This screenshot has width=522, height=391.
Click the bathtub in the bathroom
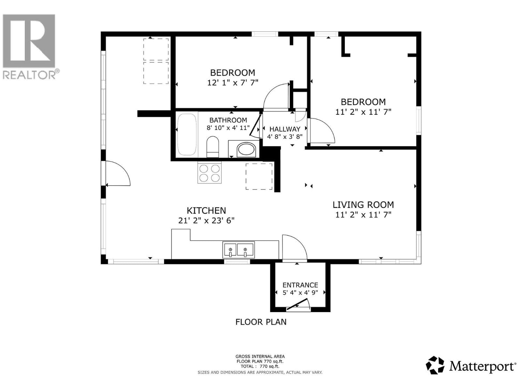tap(187, 135)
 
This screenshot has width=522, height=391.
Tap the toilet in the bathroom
tap(213, 147)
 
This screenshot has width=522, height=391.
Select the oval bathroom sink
tap(246, 150)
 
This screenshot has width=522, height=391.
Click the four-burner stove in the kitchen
tap(209, 173)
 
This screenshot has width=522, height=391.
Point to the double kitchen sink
tap(238, 250)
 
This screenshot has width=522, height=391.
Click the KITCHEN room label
tap(206, 211)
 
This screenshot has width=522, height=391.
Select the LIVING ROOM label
tap(363, 205)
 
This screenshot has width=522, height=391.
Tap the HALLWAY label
tap(285, 129)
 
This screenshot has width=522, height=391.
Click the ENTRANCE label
tap(300, 285)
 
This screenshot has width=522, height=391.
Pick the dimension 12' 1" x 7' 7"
tap(232, 83)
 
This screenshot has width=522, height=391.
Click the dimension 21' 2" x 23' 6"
tap(206, 221)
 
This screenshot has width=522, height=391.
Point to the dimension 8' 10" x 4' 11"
tap(228, 128)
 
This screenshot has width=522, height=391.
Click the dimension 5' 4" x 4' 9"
tap(300, 293)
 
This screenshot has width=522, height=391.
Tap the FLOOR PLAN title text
tap(261, 322)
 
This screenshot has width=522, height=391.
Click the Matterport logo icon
tap(435, 365)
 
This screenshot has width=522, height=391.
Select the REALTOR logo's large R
tap(29, 41)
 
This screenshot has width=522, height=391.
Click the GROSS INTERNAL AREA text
tap(260, 356)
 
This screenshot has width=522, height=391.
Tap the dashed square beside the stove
tap(259, 177)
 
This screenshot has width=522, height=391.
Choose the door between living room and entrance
tap(294, 248)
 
